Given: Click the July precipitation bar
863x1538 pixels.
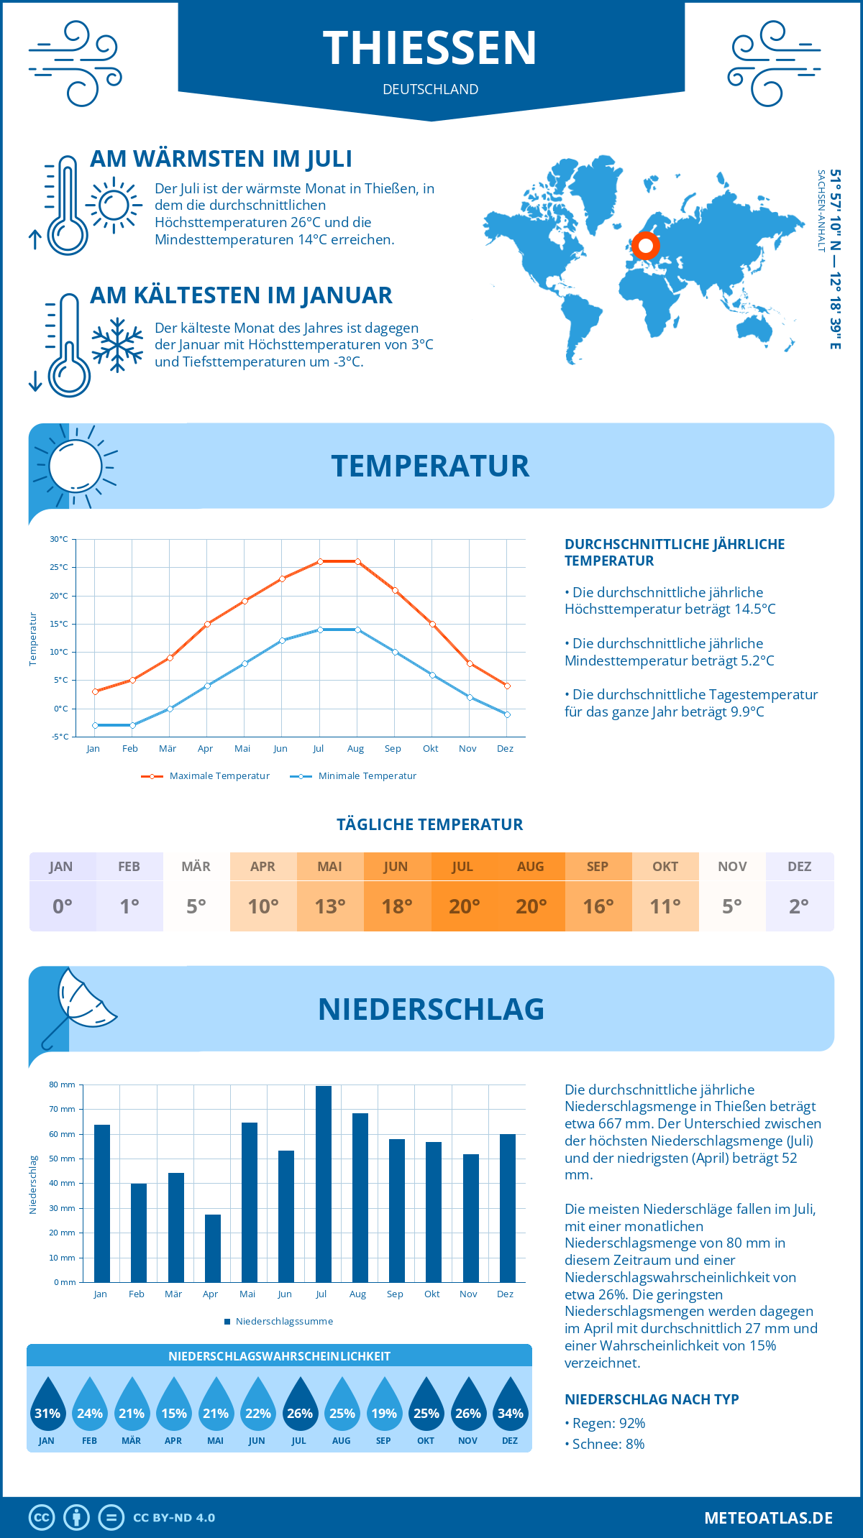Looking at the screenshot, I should click(323, 1184).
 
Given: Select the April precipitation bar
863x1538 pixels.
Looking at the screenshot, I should click(212, 1248).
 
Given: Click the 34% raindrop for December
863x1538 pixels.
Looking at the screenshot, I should click(511, 1406).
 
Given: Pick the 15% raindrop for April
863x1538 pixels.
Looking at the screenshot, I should click(174, 1406).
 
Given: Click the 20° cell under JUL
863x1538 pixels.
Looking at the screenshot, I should click(464, 906).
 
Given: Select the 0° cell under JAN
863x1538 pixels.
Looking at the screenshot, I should click(63, 906).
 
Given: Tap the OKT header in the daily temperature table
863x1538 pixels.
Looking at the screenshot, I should click(665, 867).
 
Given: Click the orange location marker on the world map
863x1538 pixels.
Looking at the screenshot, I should click(646, 246).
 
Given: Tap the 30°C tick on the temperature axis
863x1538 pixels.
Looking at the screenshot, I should click(59, 539).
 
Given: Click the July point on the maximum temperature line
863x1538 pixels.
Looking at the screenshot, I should click(320, 561).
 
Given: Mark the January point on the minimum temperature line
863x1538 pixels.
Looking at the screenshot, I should click(95, 725).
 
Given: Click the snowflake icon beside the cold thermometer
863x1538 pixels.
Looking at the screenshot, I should click(117, 345).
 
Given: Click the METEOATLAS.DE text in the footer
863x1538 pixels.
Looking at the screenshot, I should click(768, 1518).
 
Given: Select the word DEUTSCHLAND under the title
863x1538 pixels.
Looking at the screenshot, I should click(431, 89).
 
